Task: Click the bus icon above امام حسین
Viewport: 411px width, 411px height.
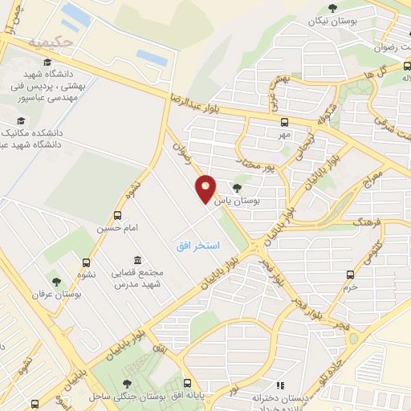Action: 118,215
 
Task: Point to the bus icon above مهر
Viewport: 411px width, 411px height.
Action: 283,122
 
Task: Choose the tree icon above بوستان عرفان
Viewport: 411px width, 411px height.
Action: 56,281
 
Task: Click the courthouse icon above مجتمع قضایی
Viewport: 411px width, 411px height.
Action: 138,260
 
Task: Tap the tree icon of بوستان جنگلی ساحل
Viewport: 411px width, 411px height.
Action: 128,385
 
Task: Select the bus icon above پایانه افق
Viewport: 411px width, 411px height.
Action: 189,384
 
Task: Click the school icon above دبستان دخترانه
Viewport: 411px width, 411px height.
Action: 280,385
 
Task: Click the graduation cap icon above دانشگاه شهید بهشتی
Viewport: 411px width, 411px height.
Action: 49,61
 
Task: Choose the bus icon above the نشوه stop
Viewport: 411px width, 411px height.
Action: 86,262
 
